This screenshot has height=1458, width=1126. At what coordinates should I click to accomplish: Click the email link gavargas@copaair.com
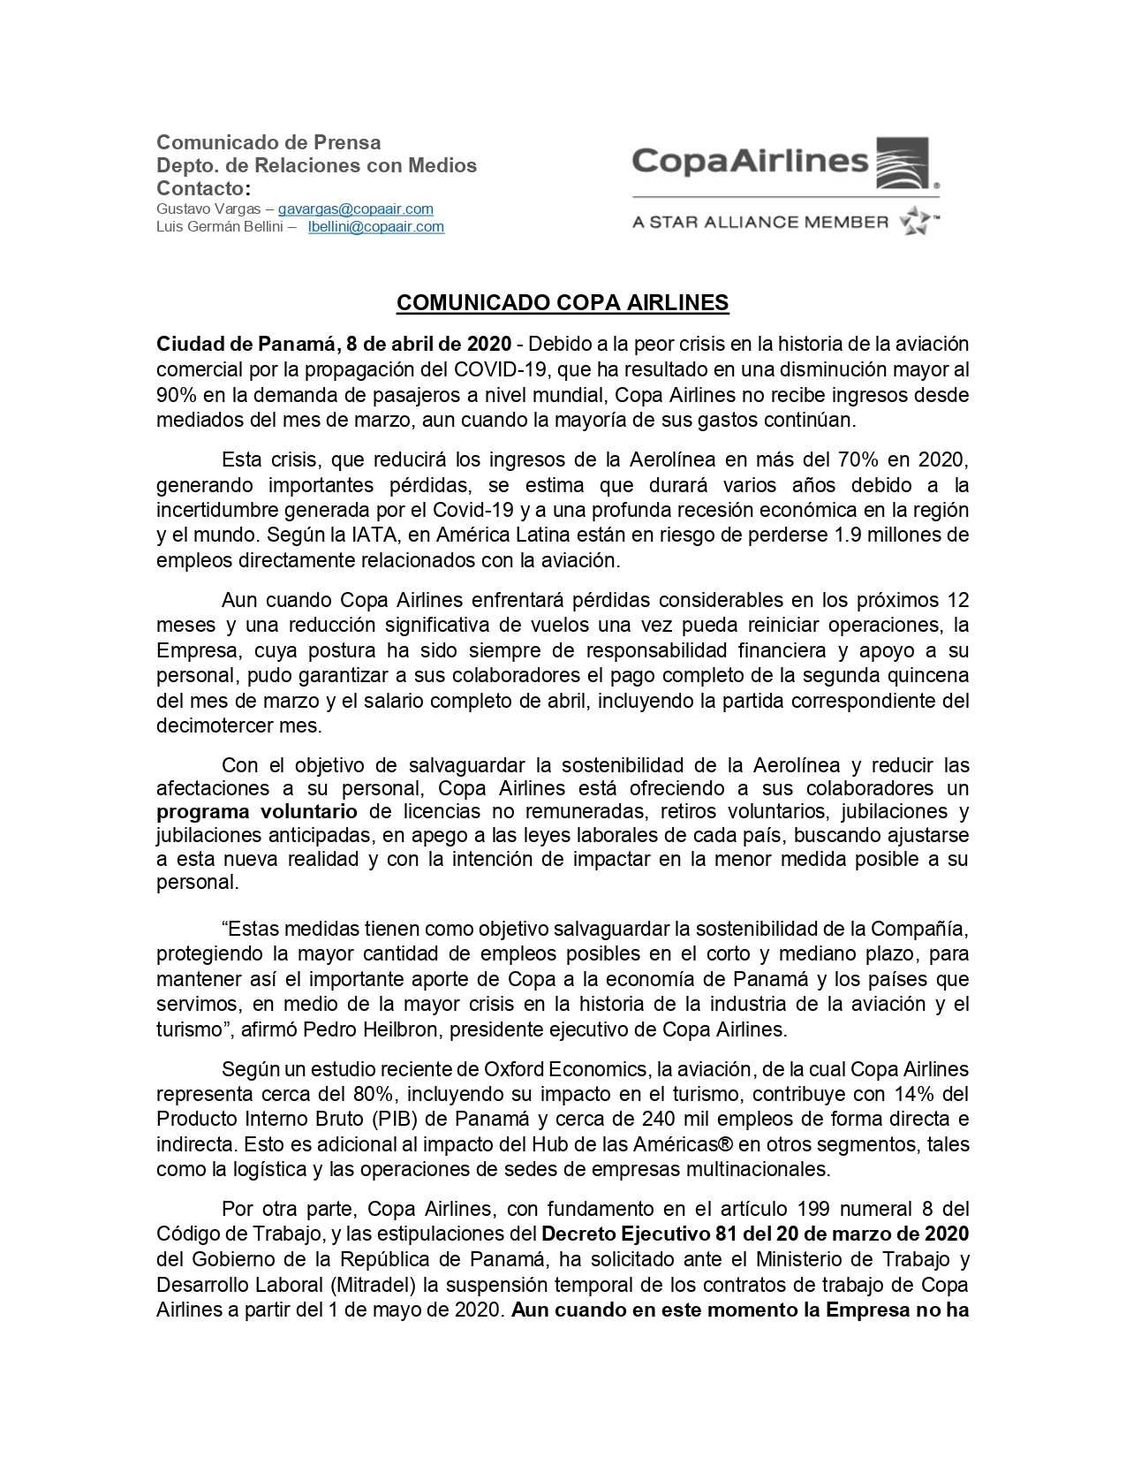pyautogui.click(x=355, y=209)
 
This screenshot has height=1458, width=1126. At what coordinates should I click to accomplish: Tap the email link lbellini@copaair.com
pyautogui.click(x=375, y=227)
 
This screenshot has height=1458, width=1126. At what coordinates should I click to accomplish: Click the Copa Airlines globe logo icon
pyautogui.click(x=902, y=163)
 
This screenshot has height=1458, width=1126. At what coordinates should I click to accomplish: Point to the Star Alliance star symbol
pyautogui.click(x=915, y=221)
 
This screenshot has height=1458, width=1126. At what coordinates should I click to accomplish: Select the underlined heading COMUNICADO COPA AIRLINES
pyautogui.click(x=563, y=303)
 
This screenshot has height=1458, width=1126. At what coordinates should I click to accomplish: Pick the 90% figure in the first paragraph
pyautogui.click(x=177, y=395)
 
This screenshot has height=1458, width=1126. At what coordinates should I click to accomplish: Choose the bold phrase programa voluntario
pyautogui.click(x=257, y=812)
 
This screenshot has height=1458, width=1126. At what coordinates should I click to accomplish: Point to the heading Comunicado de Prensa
pyautogui.click(x=268, y=143)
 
